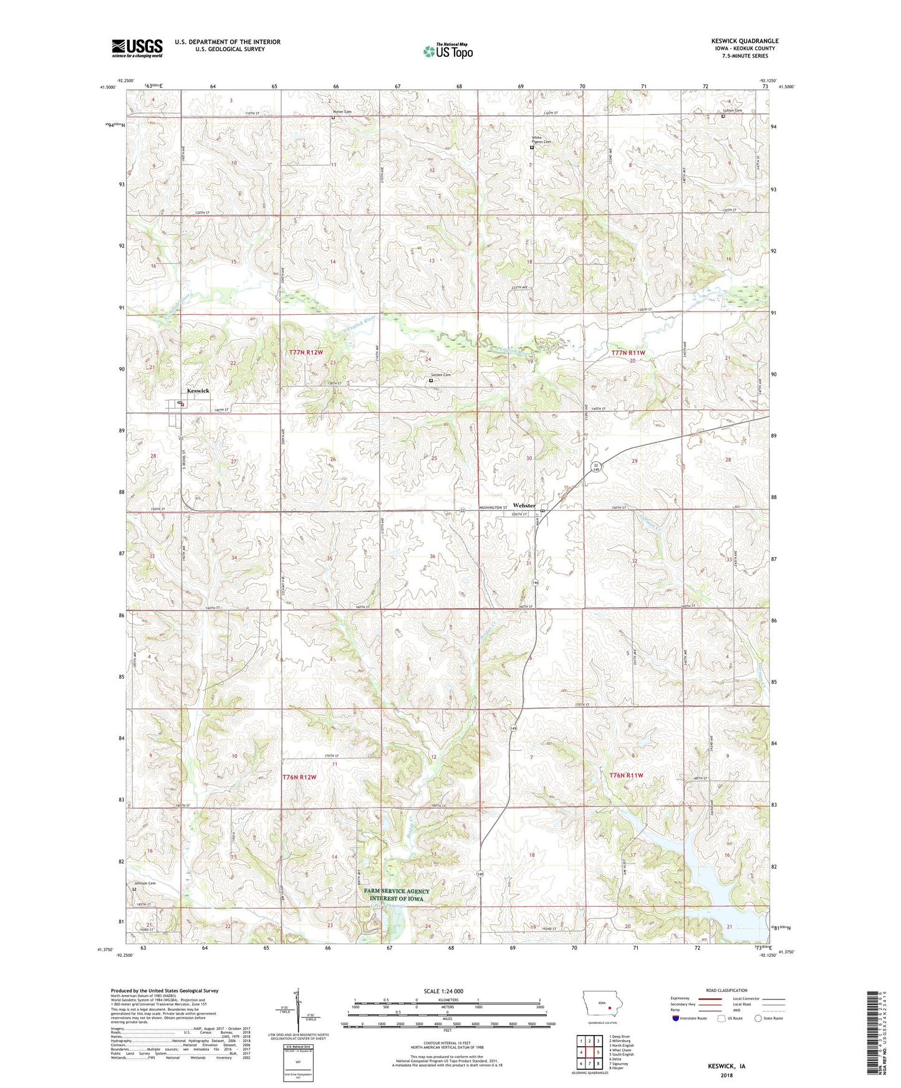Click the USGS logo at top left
137,48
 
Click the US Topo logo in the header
448,51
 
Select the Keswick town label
198,391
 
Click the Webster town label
524,505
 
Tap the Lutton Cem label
733,111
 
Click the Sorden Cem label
440,375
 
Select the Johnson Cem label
145,883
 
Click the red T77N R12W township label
306,353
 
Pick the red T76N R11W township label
626,775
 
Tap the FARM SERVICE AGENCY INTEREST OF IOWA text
397,895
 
